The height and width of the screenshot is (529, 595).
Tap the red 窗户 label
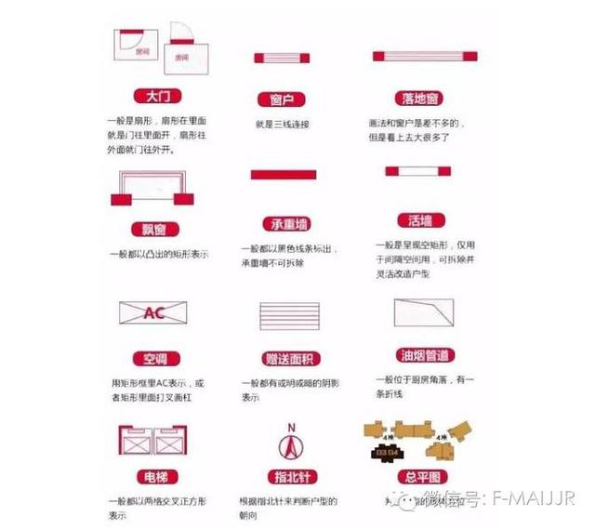coord(282,99)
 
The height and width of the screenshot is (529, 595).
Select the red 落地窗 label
coord(421,98)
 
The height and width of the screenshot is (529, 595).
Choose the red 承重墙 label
coord(283,225)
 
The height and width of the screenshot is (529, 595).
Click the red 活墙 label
coord(419,221)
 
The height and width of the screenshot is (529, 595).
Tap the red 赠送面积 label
coord(283,359)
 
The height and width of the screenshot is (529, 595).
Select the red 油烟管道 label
coord(421,355)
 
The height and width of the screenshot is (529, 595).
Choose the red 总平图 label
coord(420,479)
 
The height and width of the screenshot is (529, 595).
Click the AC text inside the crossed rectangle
coord(153,313)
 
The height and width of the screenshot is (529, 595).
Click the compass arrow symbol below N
coord(291,450)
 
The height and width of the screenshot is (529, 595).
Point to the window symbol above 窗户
coord(282,59)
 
